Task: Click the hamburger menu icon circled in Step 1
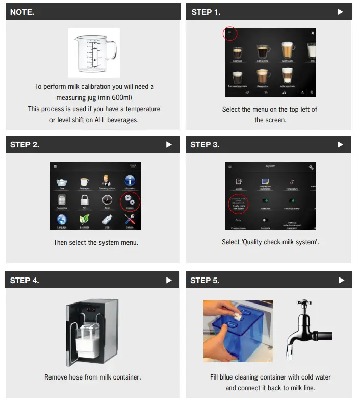[x=229, y=33]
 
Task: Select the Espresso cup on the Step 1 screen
[x=237, y=53]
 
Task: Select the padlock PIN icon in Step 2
[x=85, y=200]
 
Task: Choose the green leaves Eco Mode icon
[x=85, y=219]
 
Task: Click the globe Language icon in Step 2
[x=62, y=219]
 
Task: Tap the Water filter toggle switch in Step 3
[x=265, y=201]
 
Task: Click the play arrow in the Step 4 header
[x=169, y=280]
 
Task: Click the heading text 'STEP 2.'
[x=24, y=145]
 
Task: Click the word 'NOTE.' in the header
[x=22, y=12]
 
